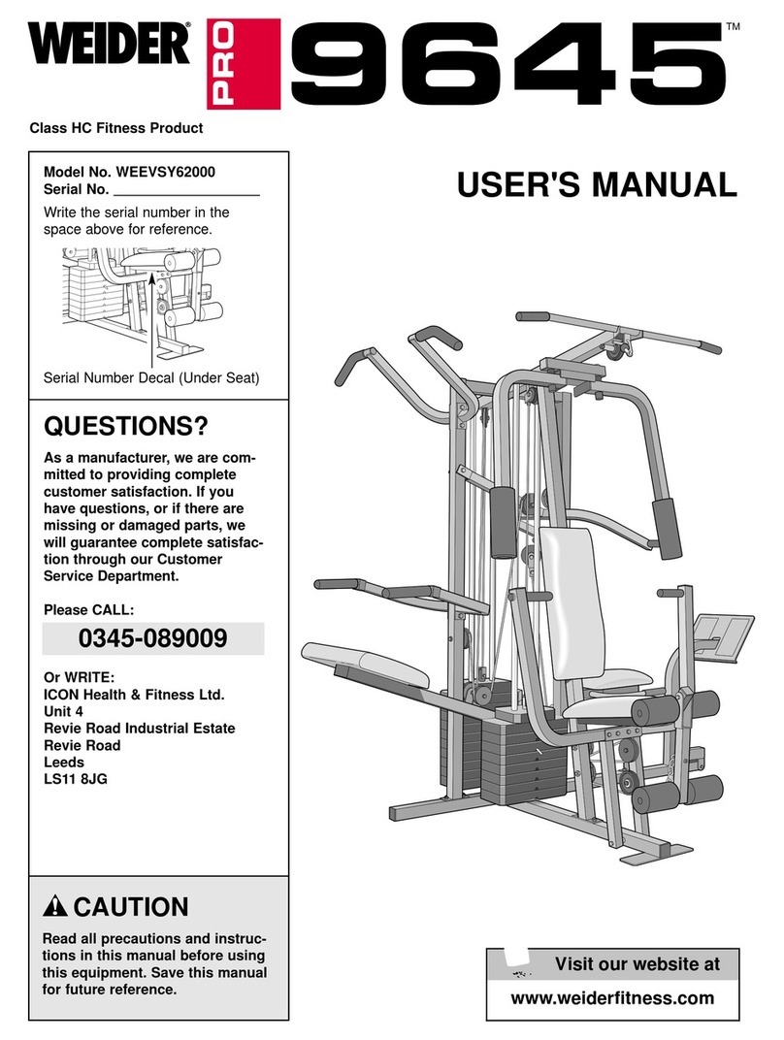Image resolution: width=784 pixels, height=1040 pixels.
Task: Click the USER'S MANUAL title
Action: (596, 184)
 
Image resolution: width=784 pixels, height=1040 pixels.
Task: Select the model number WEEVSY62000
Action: (165, 171)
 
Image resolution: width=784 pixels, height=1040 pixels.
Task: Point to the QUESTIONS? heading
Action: (127, 428)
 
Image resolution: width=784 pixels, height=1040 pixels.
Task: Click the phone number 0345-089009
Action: (153, 639)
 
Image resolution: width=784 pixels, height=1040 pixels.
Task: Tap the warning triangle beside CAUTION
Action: (56, 908)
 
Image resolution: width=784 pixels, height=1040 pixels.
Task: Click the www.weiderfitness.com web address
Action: (611, 998)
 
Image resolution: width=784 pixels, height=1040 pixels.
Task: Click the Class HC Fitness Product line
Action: (116, 128)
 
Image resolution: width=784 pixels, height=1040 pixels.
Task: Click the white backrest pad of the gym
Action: (572, 601)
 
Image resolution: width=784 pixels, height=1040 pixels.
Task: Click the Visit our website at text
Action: (637, 964)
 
